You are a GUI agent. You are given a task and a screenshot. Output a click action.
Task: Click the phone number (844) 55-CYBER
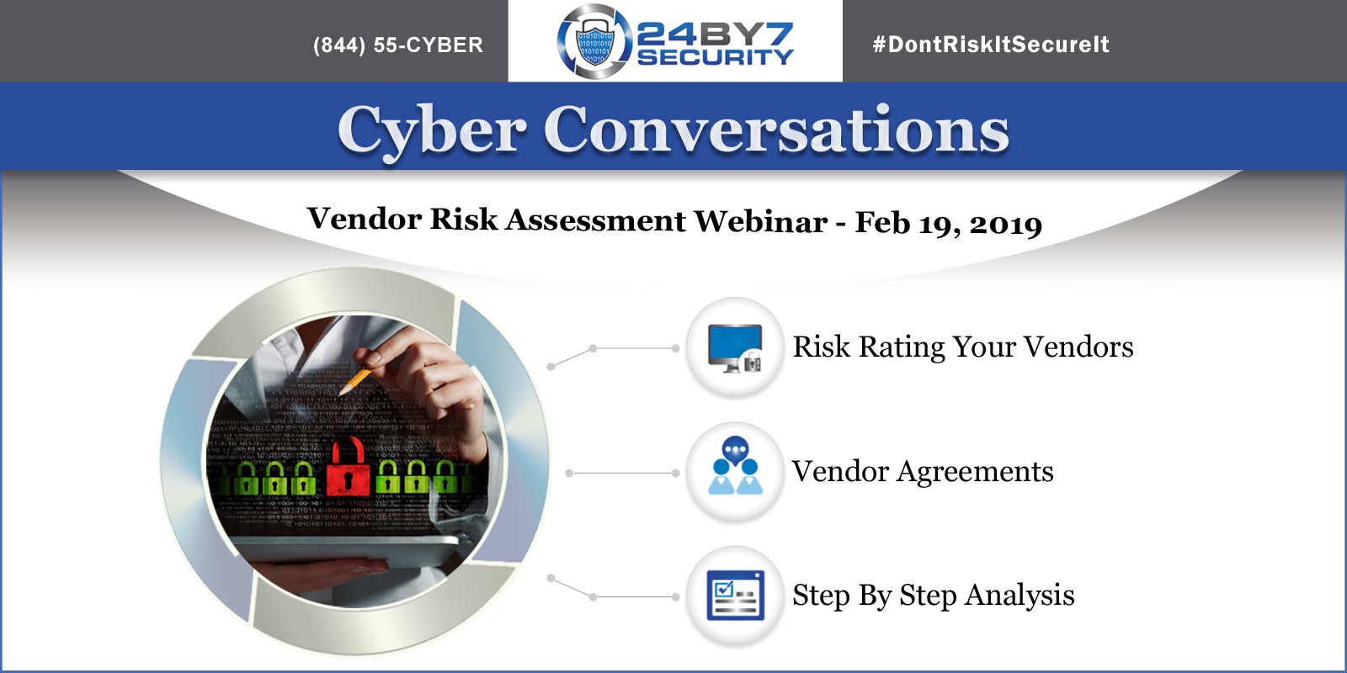398,45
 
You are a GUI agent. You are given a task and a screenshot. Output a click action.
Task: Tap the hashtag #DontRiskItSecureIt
991,45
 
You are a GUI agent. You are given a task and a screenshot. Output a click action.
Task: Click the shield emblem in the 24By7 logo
594,41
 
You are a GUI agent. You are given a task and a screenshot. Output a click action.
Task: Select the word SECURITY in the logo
715,57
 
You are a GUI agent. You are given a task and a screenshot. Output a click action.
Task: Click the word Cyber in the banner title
432,130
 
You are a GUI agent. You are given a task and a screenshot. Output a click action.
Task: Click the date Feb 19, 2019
948,222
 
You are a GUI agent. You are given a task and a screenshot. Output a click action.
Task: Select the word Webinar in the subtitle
761,221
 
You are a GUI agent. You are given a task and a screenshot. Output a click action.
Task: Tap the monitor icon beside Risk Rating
735,348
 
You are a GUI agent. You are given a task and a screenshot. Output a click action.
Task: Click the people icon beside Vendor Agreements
735,466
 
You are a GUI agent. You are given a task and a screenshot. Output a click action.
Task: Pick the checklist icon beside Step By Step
735,595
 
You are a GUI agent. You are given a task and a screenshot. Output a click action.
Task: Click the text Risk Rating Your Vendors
963,347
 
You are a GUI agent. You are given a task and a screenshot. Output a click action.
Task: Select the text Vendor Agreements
923,472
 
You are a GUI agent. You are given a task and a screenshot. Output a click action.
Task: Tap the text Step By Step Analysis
934,596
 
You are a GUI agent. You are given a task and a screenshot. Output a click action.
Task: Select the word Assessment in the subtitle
595,220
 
